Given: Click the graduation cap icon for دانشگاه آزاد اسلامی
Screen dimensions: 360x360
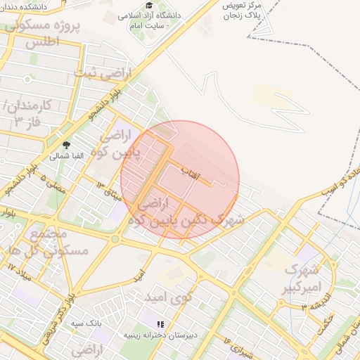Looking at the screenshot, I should pyautogui.click(x=149, y=6).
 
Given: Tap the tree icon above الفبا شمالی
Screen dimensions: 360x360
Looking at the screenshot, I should pyautogui.click(x=66, y=145).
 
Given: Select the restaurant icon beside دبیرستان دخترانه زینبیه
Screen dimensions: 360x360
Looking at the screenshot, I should pyautogui.click(x=160, y=324).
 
